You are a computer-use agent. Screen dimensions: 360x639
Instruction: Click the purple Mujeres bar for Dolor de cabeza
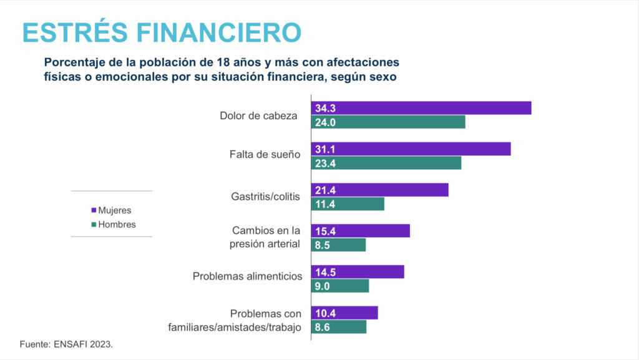coord(421,108)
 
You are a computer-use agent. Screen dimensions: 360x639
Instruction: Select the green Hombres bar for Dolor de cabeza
coord(388,122)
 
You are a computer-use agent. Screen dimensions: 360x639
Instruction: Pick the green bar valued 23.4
coord(386,163)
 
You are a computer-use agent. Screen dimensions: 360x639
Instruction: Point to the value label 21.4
coord(325,190)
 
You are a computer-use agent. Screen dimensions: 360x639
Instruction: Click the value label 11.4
coord(325,204)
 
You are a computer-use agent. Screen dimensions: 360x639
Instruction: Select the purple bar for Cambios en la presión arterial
coord(361,231)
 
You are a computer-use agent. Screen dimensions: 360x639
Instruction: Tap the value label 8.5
coord(323,245)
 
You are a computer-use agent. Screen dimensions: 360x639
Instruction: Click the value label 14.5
coord(325,272)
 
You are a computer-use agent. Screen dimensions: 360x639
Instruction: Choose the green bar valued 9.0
coord(340,286)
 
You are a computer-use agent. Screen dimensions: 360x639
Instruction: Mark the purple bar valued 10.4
coord(344,313)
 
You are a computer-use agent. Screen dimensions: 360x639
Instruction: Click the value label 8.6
coord(323,327)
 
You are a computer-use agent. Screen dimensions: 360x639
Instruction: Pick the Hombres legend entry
coord(113,225)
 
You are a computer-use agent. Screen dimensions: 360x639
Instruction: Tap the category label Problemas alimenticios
coord(247,276)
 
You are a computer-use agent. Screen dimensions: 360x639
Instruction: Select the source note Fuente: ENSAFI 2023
coord(66,344)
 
